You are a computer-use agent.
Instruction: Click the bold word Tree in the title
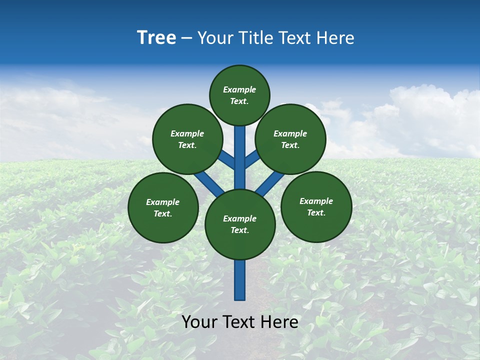click(156, 38)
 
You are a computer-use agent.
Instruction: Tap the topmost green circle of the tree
click(239, 95)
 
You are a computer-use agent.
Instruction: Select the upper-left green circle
click(187, 139)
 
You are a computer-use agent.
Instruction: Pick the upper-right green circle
click(290, 139)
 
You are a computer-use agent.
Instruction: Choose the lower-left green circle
click(163, 207)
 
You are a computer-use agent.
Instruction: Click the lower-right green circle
click(316, 206)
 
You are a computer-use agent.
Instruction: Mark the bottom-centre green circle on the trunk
click(240, 224)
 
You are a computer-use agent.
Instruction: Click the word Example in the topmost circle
click(239, 90)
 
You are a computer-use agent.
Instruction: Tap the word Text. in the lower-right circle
click(316, 212)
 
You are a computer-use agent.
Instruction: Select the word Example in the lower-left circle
click(162, 202)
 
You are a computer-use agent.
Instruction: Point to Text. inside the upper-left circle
click(187, 145)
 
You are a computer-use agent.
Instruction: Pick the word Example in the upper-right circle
click(290, 133)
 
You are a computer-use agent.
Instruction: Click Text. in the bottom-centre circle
click(240, 230)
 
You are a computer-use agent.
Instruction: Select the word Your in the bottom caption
click(199, 322)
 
